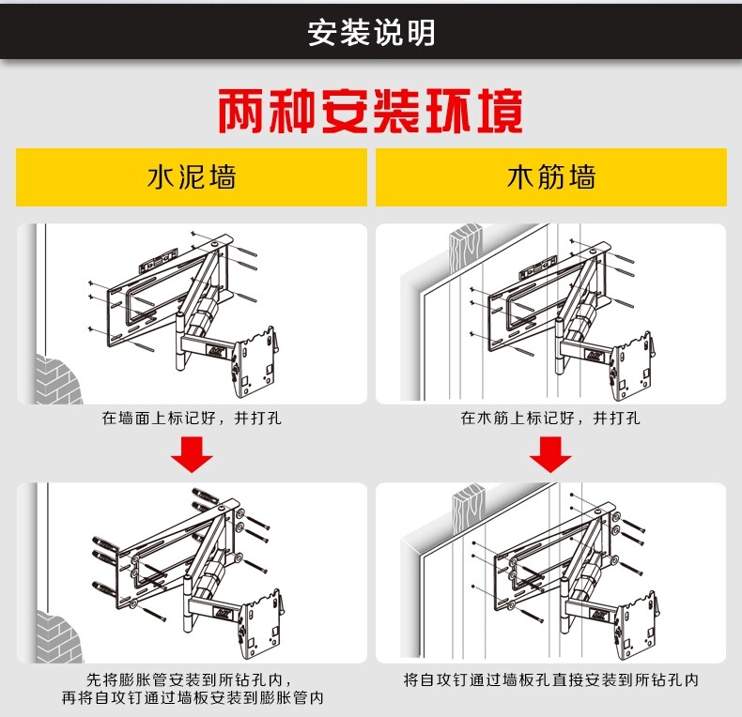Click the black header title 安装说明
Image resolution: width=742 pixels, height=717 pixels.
click(x=371, y=33)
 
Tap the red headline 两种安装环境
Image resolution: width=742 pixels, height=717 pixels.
click(x=370, y=112)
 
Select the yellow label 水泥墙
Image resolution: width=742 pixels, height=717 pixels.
click(x=191, y=177)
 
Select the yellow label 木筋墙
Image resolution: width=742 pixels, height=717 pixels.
click(x=551, y=177)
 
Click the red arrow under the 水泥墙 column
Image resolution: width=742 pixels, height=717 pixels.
click(x=191, y=457)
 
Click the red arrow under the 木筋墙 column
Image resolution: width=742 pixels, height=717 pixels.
click(x=550, y=457)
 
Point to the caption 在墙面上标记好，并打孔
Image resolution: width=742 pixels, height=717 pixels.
click(x=191, y=419)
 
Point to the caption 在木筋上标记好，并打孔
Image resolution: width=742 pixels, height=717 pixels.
click(x=550, y=419)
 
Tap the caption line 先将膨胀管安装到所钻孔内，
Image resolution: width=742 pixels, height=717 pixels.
click(x=191, y=679)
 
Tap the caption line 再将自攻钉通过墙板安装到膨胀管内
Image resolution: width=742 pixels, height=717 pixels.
click(x=191, y=698)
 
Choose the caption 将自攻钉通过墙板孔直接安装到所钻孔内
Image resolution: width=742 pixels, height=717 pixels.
click(x=550, y=679)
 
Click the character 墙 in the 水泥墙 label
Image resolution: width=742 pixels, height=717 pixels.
click(x=222, y=177)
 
